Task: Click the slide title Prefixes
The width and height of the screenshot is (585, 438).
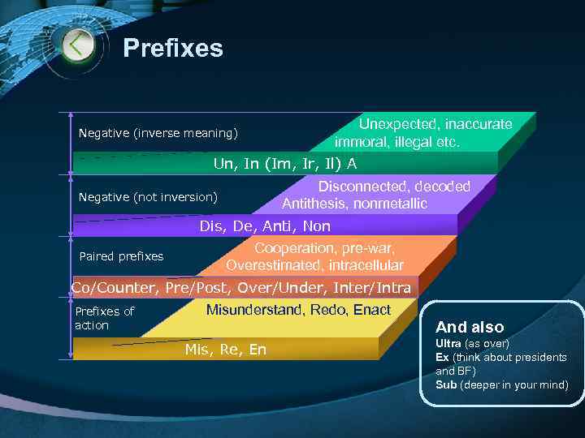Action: click(172, 49)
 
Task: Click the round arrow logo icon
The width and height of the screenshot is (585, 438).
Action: click(77, 44)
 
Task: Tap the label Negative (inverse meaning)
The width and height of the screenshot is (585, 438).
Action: click(158, 133)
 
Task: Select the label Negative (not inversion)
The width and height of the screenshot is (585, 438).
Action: click(148, 197)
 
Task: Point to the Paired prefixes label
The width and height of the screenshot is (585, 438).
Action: click(121, 256)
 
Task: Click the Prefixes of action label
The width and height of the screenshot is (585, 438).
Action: click(104, 318)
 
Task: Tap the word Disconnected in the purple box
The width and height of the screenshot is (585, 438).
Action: click(357, 187)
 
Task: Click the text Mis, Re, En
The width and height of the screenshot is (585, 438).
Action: click(225, 350)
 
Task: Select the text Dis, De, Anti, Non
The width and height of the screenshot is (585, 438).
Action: click(265, 226)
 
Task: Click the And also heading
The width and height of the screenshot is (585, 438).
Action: click(470, 328)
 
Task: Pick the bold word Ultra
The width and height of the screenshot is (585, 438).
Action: click(448, 344)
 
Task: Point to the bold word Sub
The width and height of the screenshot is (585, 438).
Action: click(446, 384)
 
